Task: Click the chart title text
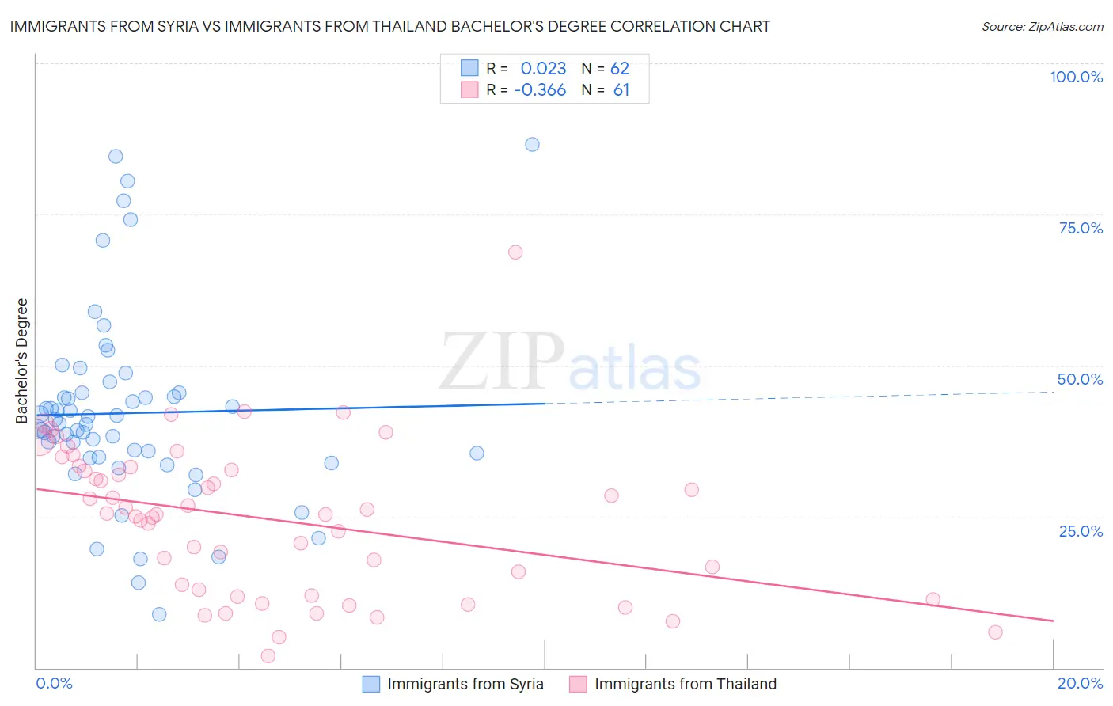pyautogui.click(x=389, y=26)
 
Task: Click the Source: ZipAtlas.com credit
pyautogui.click(x=1042, y=26)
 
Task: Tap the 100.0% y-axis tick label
pyautogui.click(x=1076, y=77)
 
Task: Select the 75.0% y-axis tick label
pyautogui.click(x=1081, y=228)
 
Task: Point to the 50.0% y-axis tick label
pyautogui.click(x=1080, y=379)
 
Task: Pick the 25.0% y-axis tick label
pyautogui.click(x=1081, y=531)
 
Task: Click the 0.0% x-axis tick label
pyautogui.click(x=54, y=683)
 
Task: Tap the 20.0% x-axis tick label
pyautogui.click(x=1080, y=683)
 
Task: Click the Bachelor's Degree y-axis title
pyautogui.click(x=22, y=361)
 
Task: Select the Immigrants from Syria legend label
pyautogui.click(x=465, y=684)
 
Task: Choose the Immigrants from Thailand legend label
pyautogui.click(x=685, y=684)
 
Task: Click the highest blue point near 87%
pyautogui.click(x=532, y=144)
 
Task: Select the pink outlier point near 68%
pyautogui.click(x=515, y=252)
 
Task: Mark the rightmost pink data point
pyautogui.click(x=995, y=632)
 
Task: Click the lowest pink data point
pyautogui.click(x=268, y=655)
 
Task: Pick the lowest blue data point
pyautogui.click(x=159, y=614)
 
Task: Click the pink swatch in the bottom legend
pyautogui.click(x=578, y=684)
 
